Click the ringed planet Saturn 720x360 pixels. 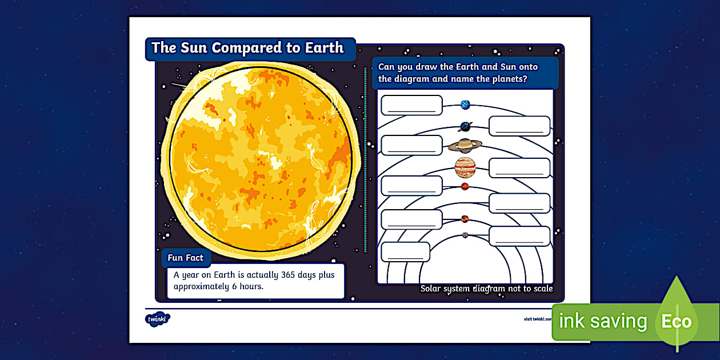pyautogui.click(x=465, y=146)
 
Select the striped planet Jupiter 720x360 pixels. pyautogui.click(x=465, y=167)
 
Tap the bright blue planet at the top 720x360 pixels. pyautogui.click(x=465, y=105)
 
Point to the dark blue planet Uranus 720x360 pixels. pyautogui.click(x=466, y=127)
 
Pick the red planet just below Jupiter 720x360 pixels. pyautogui.click(x=465, y=186)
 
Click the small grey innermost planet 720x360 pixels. pyautogui.click(x=465, y=235)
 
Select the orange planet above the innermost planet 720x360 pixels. pyautogui.click(x=465, y=218)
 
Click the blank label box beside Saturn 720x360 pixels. pyautogui.click(x=411, y=145)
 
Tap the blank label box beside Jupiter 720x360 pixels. pyautogui.click(x=519, y=168)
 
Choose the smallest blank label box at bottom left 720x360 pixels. pyautogui.click(x=405, y=251)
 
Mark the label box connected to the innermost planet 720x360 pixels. pyautogui.click(x=519, y=236)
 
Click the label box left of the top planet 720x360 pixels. pyautogui.click(x=411, y=105)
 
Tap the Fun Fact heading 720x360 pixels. pyautogui.click(x=185, y=258)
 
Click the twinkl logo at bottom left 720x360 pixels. pyautogui.click(x=157, y=318)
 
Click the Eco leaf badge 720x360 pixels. pyautogui.click(x=677, y=320)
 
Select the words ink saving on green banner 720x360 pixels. pyautogui.click(x=602, y=321)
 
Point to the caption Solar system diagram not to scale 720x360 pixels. pyautogui.click(x=486, y=289)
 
